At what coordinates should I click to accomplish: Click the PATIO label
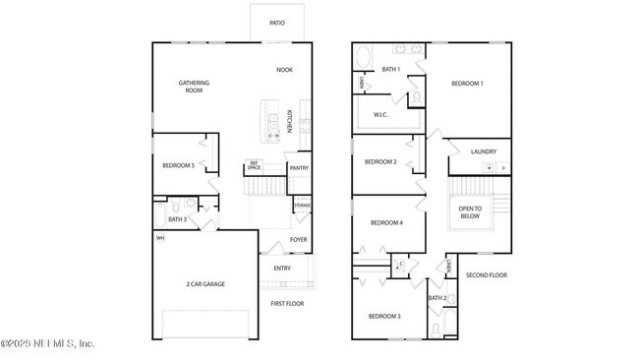pos(278,22)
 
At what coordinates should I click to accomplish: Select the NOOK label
pos(284,70)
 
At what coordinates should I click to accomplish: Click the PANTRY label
pos(299,168)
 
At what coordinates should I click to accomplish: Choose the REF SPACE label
pos(254,166)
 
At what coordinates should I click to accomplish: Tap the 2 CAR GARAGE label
pos(205,284)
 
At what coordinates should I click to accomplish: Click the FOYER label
pos(298,239)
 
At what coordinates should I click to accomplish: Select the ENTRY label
pos(282,269)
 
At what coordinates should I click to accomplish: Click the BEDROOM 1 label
pos(467,84)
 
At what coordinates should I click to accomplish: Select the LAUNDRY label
pos(483,151)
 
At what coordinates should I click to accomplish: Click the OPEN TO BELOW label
pos(471,212)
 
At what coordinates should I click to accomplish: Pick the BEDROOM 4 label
pos(386,222)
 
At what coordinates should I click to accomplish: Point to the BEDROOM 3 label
pos(384,316)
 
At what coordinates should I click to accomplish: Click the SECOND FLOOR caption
pos(486,275)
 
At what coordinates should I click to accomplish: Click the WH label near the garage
pos(159,238)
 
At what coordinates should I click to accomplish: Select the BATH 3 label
pos(177,219)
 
